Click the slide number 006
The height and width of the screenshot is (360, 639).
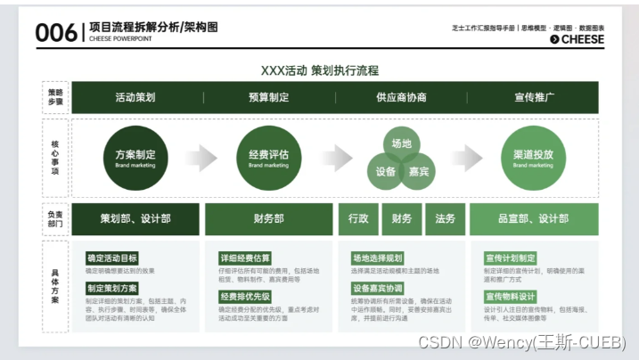pyautogui.click(x=56, y=33)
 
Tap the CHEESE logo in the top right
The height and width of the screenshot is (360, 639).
pyautogui.click(x=577, y=39)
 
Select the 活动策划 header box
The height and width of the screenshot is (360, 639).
pyautogui.click(x=135, y=97)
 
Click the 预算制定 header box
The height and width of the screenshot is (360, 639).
pyautogui.click(x=268, y=97)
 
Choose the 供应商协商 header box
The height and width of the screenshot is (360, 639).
pyautogui.click(x=401, y=97)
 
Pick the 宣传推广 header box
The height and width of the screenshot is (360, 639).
pyautogui.click(x=533, y=97)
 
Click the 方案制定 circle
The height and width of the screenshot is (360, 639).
pyautogui.click(x=135, y=158)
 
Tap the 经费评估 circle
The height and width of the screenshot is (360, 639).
pyautogui.click(x=268, y=158)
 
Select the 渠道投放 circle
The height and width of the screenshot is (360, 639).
pyautogui.click(x=533, y=158)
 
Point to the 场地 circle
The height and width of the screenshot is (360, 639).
pyautogui.click(x=401, y=143)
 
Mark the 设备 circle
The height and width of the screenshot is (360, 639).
pyautogui.click(x=386, y=170)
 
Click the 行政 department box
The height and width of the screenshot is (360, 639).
pyautogui.click(x=358, y=218)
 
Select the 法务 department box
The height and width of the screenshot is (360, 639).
pyautogui.click(x=445, y=218)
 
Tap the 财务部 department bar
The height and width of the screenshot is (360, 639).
pyautogui.click(x=268, y=218)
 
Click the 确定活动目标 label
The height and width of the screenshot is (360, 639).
pyautogui.click(x=112, y=258)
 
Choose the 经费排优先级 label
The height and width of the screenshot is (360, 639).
pyautogui.click(x=245, y=297)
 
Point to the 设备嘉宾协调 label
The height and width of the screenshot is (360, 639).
pyautogui.click(x=378, y=288)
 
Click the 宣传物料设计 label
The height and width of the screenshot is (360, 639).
pyautogui.click(x=511, y=297)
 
